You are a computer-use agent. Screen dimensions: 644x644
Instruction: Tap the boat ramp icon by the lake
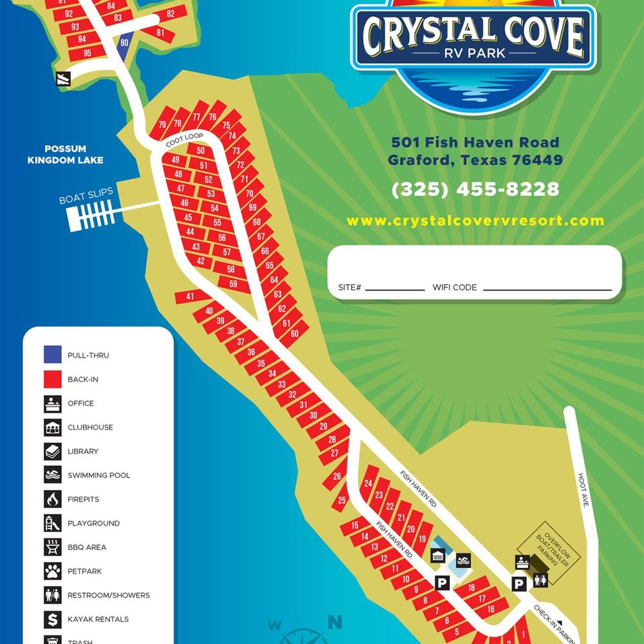[62, 78]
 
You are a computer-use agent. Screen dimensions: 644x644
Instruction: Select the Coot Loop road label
[184, 140]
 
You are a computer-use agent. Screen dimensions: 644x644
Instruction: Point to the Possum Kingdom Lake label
[65, 155]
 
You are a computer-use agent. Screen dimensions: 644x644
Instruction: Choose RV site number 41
[190, 296]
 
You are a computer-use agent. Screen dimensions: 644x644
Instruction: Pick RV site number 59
[232, 284]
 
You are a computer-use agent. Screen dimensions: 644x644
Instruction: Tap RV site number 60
[295, 334]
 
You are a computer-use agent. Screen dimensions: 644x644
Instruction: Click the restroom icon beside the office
[540, 581]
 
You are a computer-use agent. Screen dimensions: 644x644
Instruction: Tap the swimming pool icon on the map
[463, 561]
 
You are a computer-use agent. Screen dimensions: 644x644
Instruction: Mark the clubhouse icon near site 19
[438, 556]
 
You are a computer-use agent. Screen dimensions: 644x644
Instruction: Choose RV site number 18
[471, 588]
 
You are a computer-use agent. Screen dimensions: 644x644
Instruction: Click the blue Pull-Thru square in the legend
[53, 355]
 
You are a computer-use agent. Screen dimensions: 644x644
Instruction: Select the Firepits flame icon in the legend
[53, 499]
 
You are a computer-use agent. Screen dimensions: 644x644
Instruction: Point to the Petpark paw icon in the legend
[53, 571]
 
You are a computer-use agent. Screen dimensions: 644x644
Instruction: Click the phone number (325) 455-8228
[475, 189]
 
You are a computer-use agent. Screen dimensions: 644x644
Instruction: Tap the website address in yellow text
[475, 221]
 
